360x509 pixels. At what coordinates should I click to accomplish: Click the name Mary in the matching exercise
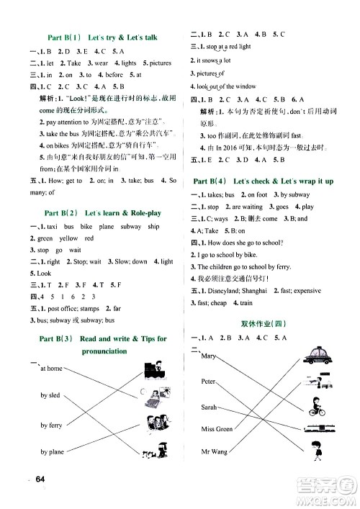pos(209,356)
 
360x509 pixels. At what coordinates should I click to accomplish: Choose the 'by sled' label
pos(50,396)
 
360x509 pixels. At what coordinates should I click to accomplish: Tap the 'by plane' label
pos(53,452)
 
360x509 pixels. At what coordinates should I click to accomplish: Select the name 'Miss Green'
pos(217,429)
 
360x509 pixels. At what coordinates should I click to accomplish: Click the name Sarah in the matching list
pos(210,407)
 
